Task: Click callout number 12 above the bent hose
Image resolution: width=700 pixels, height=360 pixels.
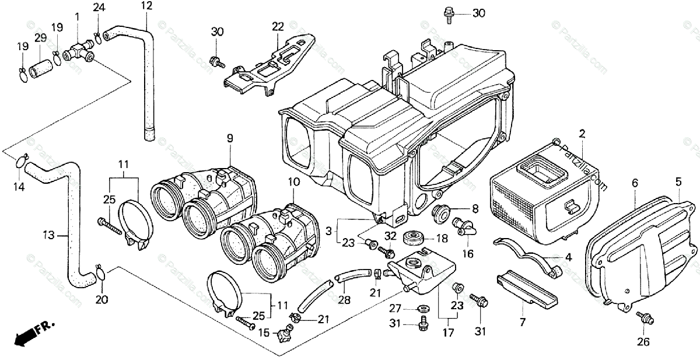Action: click(146, 6)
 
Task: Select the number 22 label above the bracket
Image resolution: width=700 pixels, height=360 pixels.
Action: click(277, 26)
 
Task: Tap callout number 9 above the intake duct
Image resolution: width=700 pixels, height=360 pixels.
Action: click(230, 139)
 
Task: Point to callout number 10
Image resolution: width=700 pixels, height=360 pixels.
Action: click(293, 182)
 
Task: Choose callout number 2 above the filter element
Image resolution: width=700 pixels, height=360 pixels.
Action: click(582, 134)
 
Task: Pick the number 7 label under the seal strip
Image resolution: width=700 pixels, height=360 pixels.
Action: click(522, 322)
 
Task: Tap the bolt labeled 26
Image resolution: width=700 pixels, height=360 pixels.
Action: click(644, 318)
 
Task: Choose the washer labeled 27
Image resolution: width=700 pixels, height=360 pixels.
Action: click(422, 308)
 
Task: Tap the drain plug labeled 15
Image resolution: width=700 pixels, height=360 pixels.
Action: click(286, 334)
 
